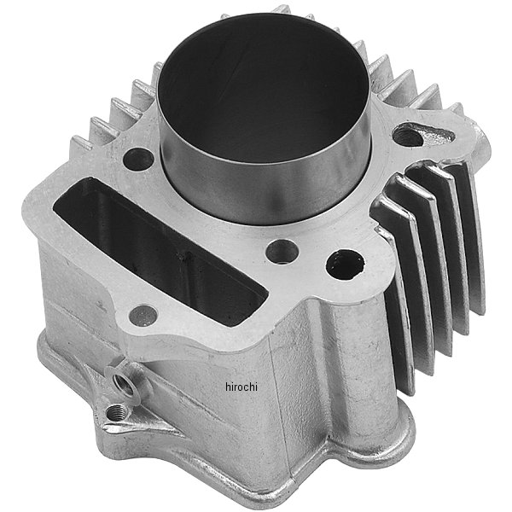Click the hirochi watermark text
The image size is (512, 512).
241,387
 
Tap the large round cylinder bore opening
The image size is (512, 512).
263,85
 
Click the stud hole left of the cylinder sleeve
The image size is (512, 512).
138,160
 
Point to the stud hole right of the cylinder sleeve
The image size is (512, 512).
408,137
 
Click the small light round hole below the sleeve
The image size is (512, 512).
282,253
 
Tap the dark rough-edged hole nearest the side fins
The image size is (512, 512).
346,265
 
